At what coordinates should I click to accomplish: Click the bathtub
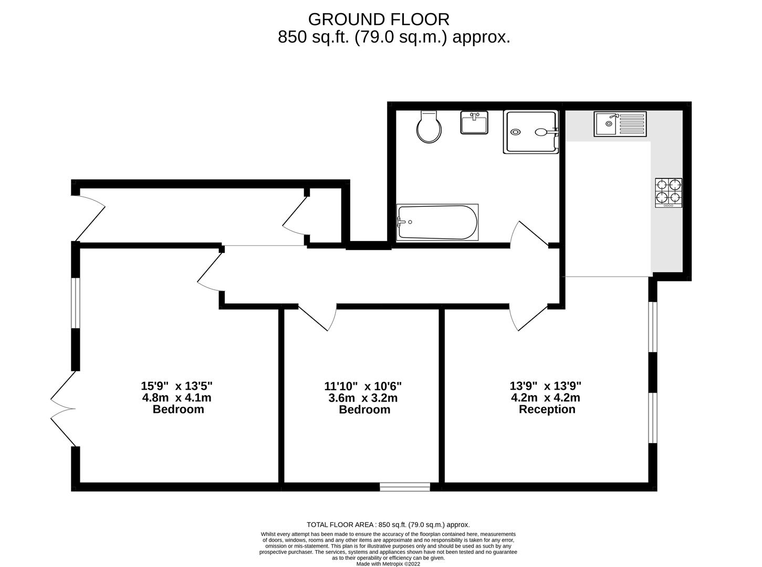[x=437, y=223]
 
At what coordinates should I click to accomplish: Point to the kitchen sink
[x=620, y=124]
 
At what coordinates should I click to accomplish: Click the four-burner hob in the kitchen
[x=669, y=193]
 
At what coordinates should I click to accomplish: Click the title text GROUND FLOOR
[x=379, y=19]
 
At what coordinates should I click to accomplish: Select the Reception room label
[x=547, y=409]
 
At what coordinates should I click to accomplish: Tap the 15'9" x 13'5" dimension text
[x=177, y=386]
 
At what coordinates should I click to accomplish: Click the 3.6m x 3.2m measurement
[x=363, y=398]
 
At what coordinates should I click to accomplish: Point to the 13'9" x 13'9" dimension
[x=546, y=385]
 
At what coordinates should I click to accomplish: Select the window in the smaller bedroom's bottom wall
[x=405, y=487]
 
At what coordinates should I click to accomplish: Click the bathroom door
[x=530, y=234]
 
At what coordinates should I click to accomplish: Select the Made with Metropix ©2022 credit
[x=388, y=564]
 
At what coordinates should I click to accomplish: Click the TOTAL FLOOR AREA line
[x=388, y=524]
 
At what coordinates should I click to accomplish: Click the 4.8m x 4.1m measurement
[x=177, y=398]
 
